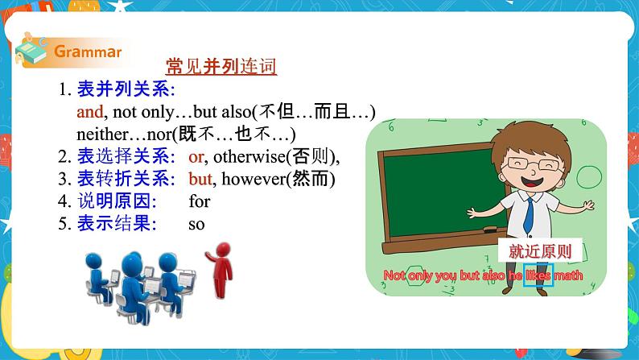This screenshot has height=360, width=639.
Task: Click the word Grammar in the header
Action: point(88,52)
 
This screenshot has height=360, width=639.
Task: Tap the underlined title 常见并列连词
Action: point(221,67)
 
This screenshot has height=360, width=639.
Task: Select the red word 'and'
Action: point(89,112)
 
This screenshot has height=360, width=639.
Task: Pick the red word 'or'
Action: point(196,156)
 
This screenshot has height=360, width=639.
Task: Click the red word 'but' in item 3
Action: point(200,179)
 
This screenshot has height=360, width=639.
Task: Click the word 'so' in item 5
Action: point(196,224)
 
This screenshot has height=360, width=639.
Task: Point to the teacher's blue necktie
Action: point(530,213)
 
